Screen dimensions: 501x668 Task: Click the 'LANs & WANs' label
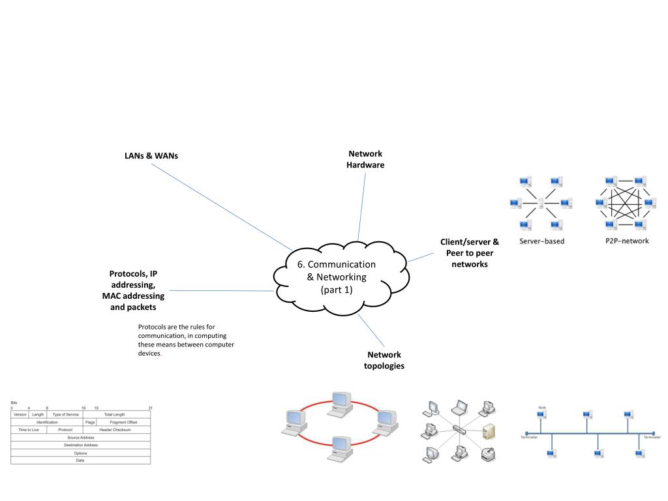click(151, 157)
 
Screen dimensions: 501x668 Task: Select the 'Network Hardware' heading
click(365, 159)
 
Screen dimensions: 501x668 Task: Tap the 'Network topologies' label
click(384, 360)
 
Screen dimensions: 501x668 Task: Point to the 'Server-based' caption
click(541, 241)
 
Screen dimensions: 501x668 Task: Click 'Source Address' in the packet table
click(81, 437)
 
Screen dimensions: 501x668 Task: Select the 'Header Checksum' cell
click(115, 430)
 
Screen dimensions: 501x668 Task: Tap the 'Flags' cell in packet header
click(90, 422)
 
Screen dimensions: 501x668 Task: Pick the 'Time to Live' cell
click(29, 430)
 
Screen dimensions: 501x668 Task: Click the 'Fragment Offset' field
click(123, 422)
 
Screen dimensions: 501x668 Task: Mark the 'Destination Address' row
click(81, 445)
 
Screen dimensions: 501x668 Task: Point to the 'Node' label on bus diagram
click(541, 407)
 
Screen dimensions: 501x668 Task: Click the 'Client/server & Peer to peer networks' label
click(470, 253)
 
